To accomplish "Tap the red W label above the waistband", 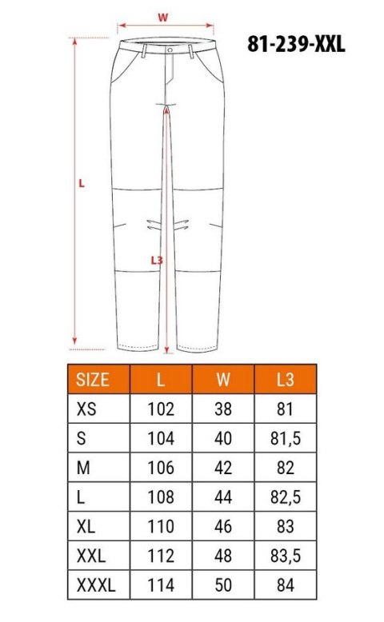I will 162,16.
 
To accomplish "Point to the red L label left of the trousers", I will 82,182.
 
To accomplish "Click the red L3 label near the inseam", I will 157,260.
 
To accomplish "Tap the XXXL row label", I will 96,584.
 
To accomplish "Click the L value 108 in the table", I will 161,496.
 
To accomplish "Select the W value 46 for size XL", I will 223,526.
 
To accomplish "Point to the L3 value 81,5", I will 286,438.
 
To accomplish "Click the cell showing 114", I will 161,584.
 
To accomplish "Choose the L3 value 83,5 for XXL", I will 286,556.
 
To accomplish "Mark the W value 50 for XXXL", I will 223,584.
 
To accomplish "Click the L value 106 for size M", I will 161,468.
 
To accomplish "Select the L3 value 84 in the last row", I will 286,584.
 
